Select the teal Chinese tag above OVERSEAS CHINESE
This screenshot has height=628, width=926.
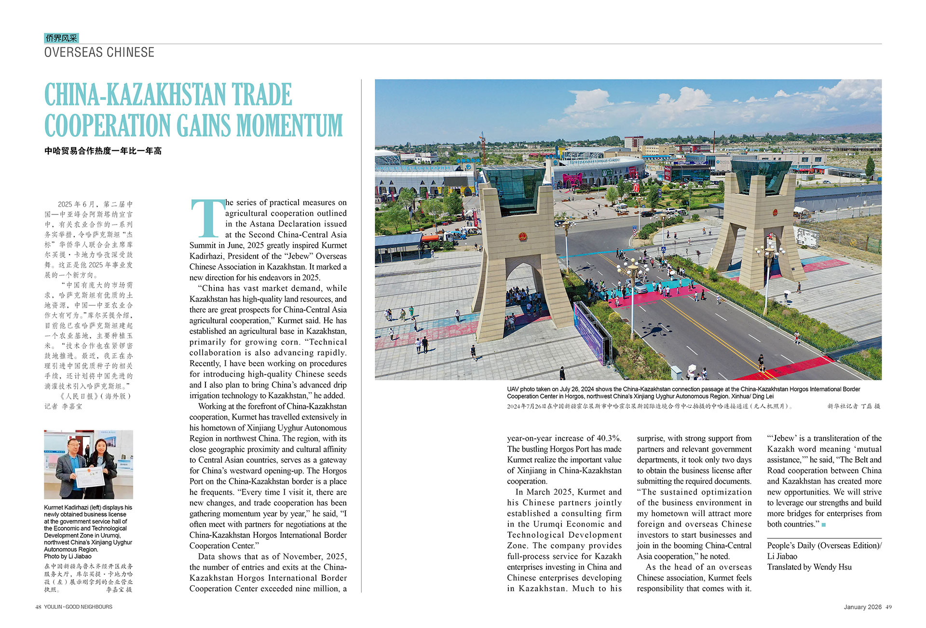pyautogui.click(x=61, y=38)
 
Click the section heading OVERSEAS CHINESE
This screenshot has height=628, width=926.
pyautogui.click(x=99, y=53)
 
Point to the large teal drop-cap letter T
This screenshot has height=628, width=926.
pyautogui.click(x=207, y=218)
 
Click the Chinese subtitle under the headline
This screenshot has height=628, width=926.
pyautogui.click(x=103, y=151)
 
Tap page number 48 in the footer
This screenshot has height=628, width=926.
pyautogui.click(x=38, y=607)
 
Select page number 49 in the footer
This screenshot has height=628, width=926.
pyautogui.click(x=888, y=607)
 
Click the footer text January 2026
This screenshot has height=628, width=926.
pyautogui.click(x=863, y=607)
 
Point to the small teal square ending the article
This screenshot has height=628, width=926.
pyautogui.click(x=824, y=524)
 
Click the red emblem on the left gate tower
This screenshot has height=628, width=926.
pyautogui.click(x=522, y=237)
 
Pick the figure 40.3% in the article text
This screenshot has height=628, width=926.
pyautogui.click(x=609, y=438)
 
